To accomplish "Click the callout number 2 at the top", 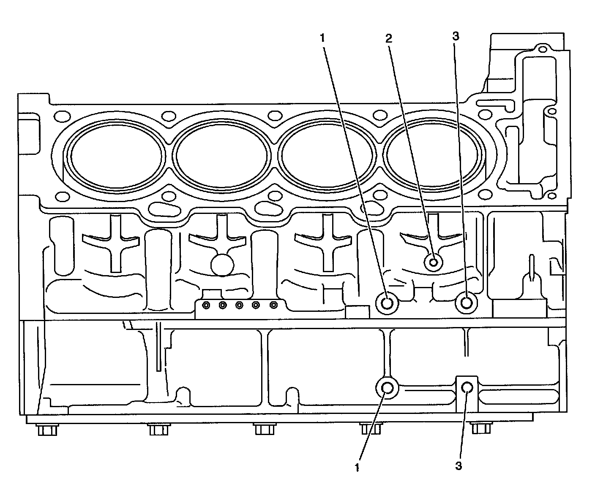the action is [x=388, y=38].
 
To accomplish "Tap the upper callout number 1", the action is [x=322, y=38].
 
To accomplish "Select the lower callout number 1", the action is [x=357, y=467].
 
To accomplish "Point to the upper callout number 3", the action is [x=455, y=36].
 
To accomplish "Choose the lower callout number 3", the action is [x=459, y=466].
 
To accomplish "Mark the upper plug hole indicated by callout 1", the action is [x=387, y=303].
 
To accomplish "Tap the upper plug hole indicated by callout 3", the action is [x=467, y=303].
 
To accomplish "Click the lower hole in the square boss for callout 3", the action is [x=467, y=387].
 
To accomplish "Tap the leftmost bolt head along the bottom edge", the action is [x=47, y=430].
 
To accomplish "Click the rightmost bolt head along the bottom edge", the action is [x=480, y=428].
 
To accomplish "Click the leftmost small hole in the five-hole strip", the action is [x=206, y=305].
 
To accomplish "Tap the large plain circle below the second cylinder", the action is [x=222, y=265].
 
